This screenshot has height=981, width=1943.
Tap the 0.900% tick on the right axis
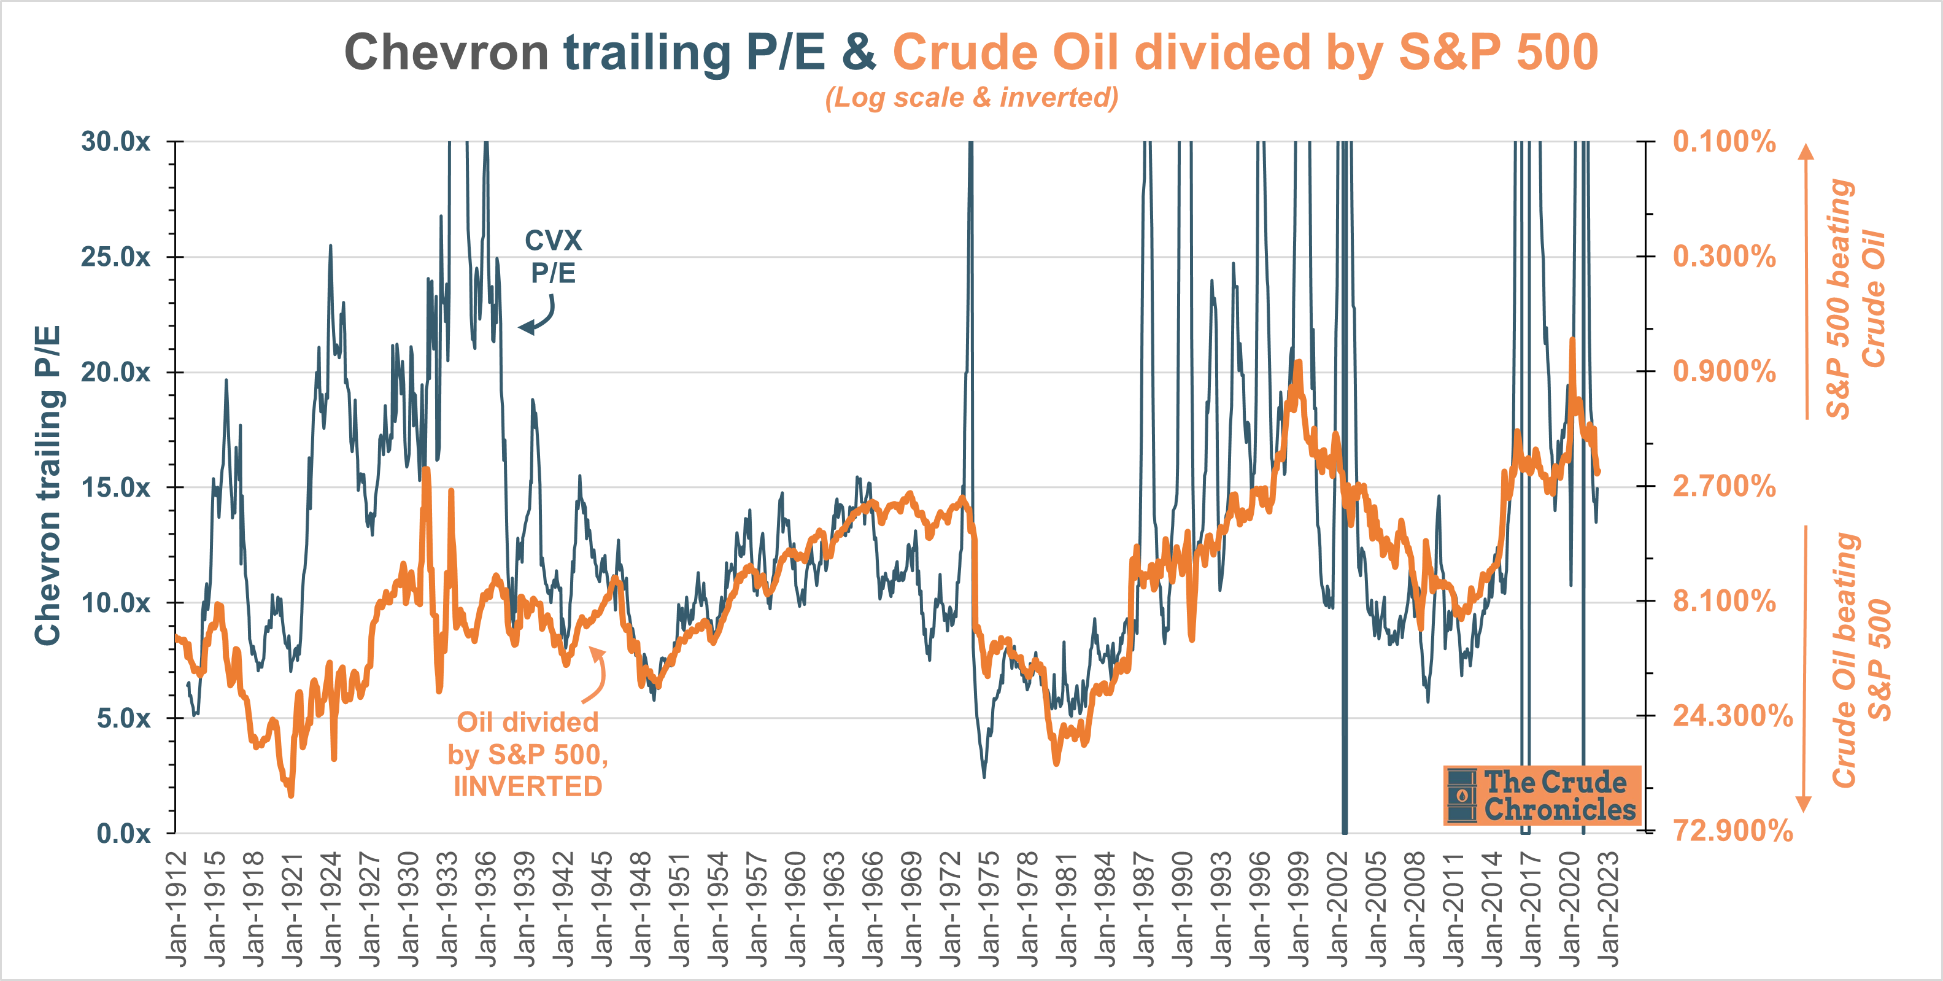point(1725,371)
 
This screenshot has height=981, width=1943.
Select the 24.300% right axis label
point(1732,715)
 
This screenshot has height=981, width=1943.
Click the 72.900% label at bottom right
point(1732,831)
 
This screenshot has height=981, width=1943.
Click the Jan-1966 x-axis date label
point(873,909)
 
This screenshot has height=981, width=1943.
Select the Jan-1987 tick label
point(1143,909)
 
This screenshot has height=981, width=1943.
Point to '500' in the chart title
point(1557,53)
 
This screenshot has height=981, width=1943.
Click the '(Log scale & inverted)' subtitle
point(971,98)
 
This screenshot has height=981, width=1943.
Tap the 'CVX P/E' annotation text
point(553,257)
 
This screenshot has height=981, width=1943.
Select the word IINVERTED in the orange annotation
point(527,786)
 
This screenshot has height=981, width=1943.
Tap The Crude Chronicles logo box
point(1542,796)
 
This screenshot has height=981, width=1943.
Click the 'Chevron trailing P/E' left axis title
point(47,485)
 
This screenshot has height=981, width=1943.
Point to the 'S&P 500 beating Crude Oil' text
point(1857,298)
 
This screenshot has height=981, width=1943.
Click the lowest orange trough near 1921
point(291,794)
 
